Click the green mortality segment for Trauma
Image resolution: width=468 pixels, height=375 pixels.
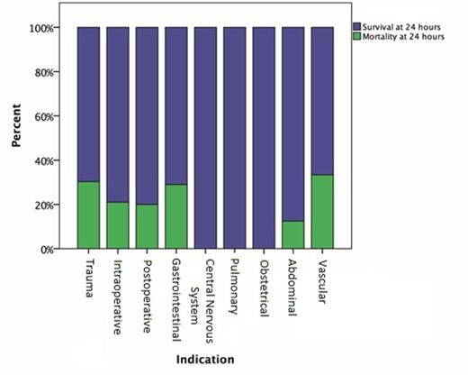click(88, 215)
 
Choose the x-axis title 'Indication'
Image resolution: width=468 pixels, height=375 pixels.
click(205, 360)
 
